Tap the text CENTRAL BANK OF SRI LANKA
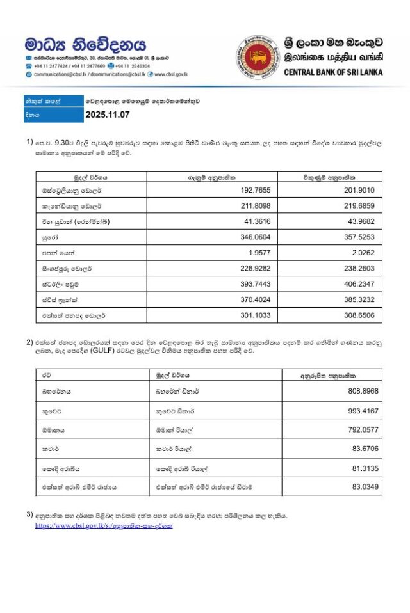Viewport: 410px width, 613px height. tap(333, 72)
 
